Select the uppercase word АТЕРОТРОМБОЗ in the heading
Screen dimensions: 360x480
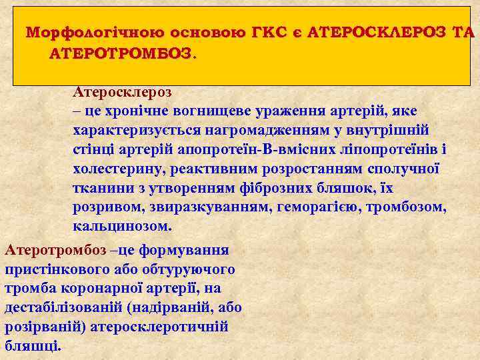[119, 53]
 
